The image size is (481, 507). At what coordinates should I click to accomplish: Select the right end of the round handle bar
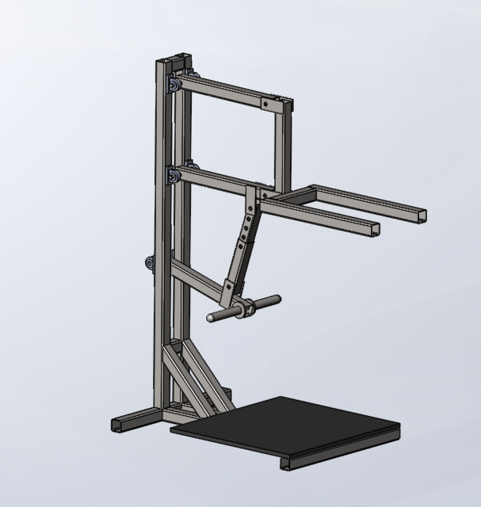tap(277, 299)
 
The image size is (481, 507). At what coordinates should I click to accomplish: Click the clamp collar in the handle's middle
tap(243, 307)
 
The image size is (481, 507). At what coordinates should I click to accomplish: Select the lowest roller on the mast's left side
tap(149, 264)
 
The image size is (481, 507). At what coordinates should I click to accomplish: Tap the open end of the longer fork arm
tap(419, 215)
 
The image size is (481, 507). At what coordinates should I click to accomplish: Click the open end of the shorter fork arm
tap(373, 230)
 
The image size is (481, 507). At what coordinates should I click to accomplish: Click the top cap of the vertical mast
tap(172, 60)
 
